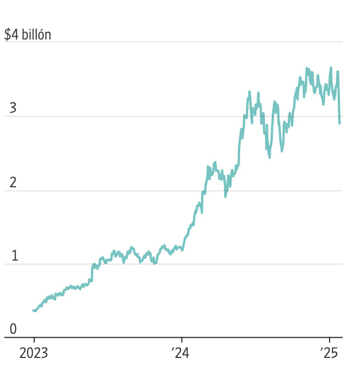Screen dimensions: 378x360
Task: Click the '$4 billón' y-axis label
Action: (28, 35)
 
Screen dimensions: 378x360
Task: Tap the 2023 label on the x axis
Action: (34, 353)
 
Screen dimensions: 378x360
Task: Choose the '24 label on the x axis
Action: (181, 353)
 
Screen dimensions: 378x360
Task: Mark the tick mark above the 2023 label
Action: (34, 341)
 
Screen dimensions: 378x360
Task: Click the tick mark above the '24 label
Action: (182, 341)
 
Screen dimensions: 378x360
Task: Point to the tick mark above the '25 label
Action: (330, 341)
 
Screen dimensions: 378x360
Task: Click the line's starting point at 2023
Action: (34, 310)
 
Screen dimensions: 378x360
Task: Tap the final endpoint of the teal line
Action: (339, 123)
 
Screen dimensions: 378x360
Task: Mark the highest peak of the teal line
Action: (331, 68)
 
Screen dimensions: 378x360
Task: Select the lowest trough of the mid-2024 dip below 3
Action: (269, 157)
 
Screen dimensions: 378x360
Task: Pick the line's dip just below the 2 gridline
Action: (225, 196)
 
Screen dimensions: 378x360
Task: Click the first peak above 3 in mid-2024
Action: (249, 92)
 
